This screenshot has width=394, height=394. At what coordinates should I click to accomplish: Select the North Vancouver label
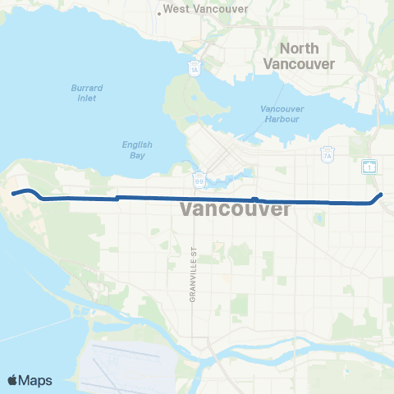click(299, 56)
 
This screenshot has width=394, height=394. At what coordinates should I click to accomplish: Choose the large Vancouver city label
click(235, 209)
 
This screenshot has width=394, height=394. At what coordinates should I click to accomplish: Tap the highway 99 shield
click(200, 178)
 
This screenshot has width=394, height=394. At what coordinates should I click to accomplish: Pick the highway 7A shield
click(326, 153)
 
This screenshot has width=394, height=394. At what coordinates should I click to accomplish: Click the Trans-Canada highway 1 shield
click(369, 167)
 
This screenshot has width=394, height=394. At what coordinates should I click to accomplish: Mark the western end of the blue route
click(12, 194)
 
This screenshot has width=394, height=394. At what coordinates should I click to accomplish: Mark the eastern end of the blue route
click(382, 195)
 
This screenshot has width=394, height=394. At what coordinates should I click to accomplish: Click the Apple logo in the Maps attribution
click(13, 380)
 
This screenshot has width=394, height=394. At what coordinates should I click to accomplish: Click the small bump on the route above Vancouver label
click(255, 199)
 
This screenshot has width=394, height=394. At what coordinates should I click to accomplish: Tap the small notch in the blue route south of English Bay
click(118, 197)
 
